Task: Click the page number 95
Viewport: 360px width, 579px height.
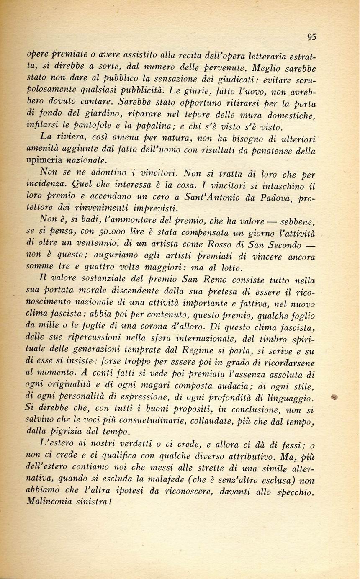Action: click(311, 37)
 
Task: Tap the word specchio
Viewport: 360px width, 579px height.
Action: click(293, 492)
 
